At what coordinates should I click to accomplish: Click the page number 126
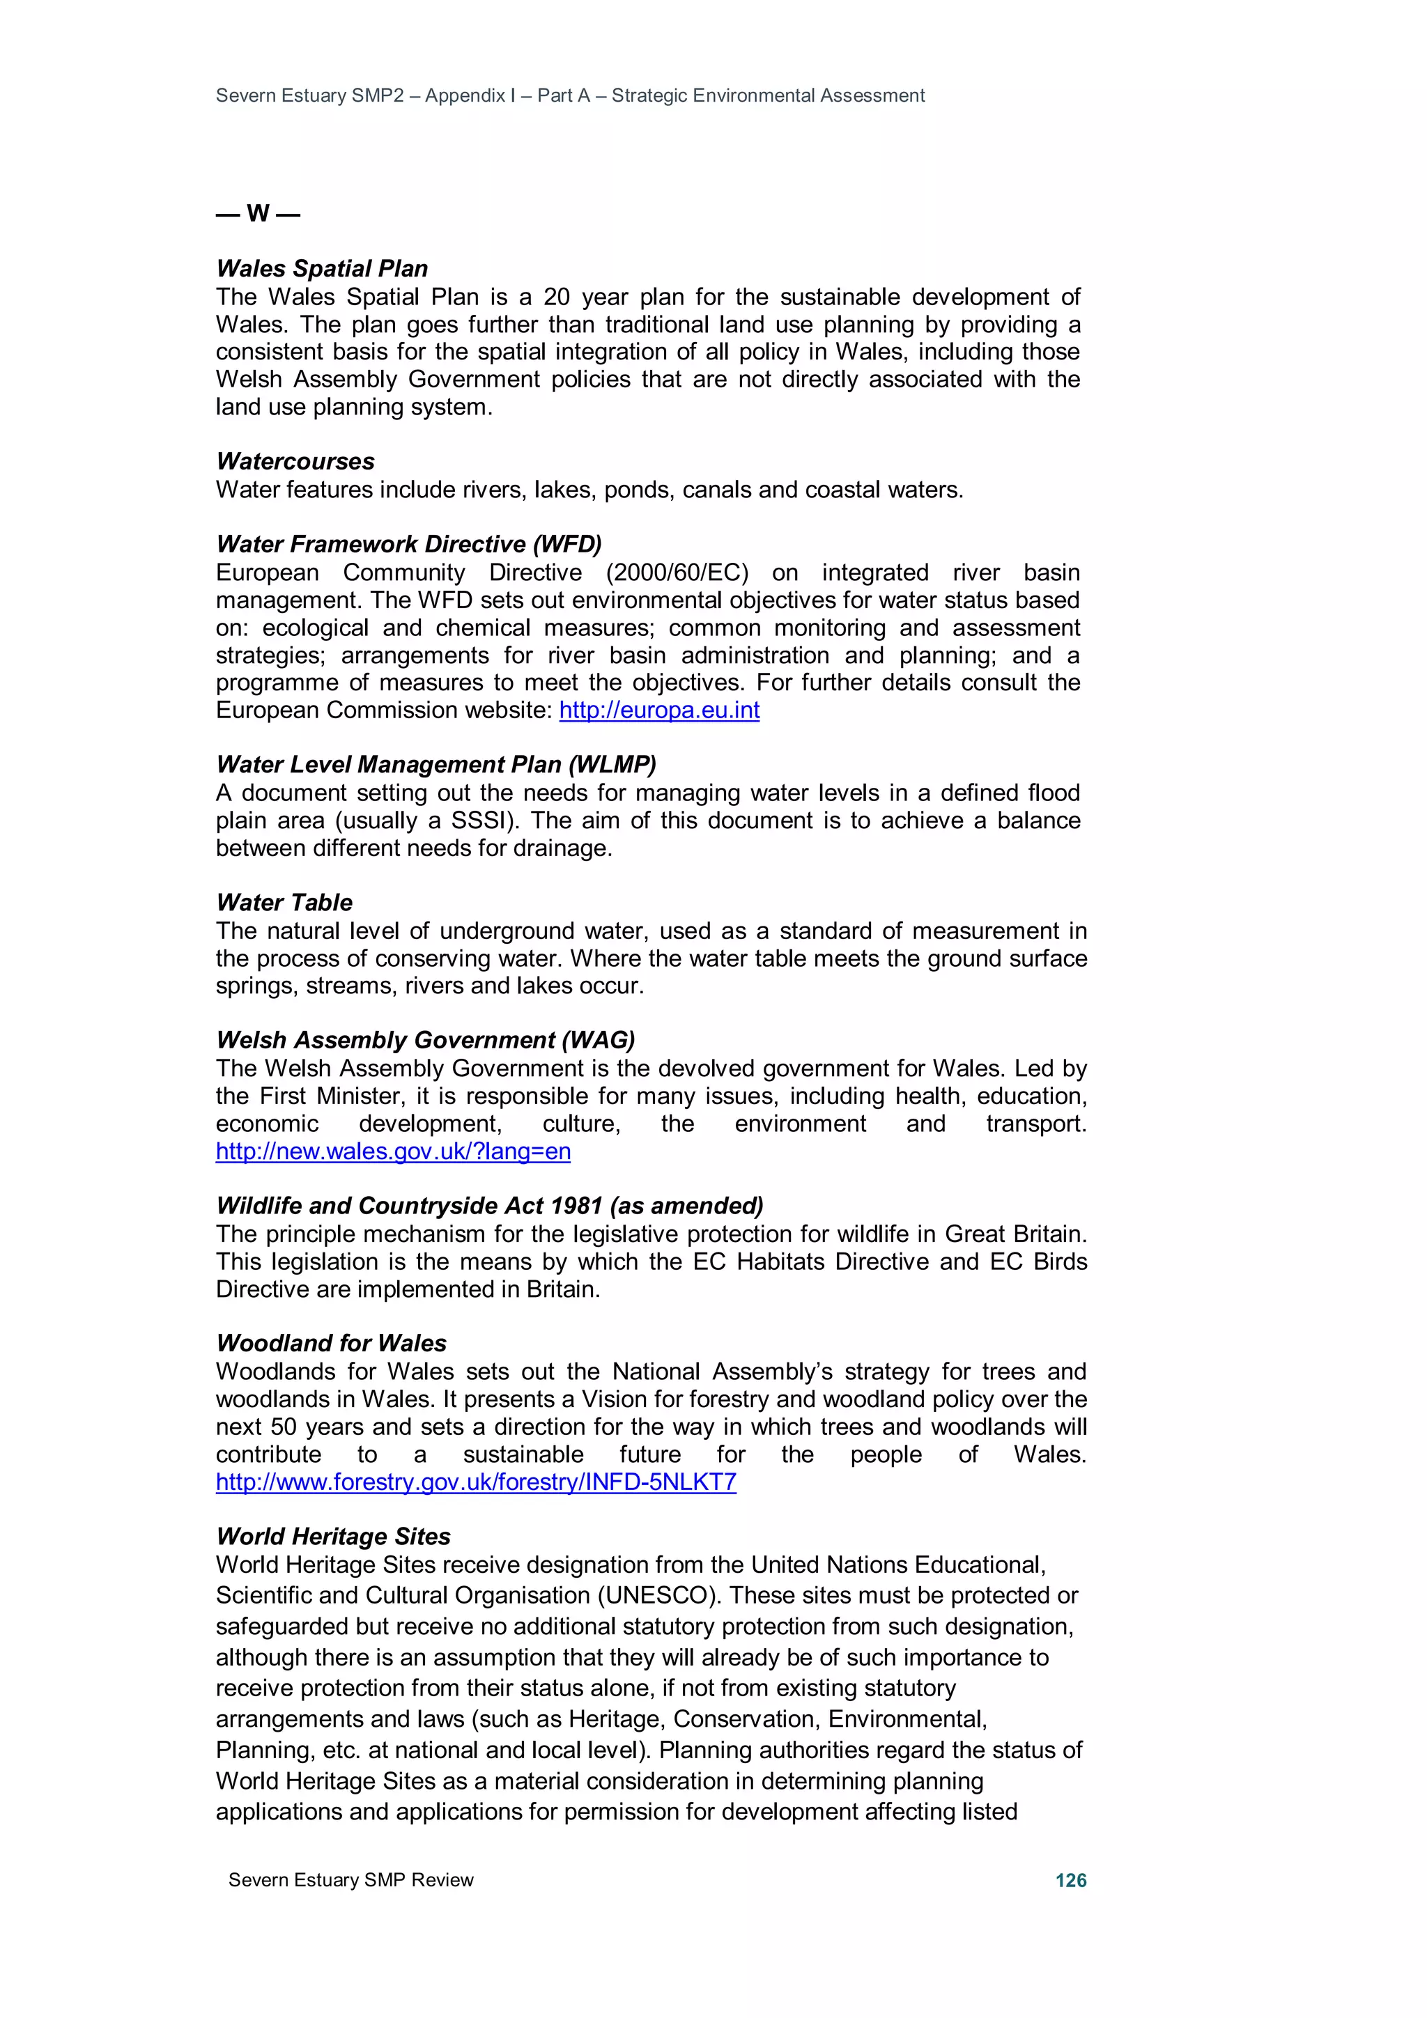(x=1070, y=1880)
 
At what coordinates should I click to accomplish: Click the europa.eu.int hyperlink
(x=658, y=711)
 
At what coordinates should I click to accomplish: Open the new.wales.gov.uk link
(x=393, y=1151)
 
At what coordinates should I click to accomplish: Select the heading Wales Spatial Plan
(x=322, y=268)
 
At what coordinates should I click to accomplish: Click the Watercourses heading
(x=295, y=461)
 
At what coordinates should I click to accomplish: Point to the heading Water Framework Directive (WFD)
(x=409, y=544)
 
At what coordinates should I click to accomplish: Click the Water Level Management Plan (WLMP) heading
(x=436, y=765)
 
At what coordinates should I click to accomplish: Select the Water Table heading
(x=284, y=903)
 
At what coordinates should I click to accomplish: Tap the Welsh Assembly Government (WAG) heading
(x=426, y=1040)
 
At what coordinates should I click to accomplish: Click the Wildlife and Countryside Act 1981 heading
(x=490, y=1206)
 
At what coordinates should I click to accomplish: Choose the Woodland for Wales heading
(x=332, y=1343)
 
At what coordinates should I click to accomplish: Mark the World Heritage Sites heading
(x=333, y=1537)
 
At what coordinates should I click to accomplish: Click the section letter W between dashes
(x=258, y=214)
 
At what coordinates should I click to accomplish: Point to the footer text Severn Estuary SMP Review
(x=350, y=1880)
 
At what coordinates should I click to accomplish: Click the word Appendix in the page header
(x=465, y=96)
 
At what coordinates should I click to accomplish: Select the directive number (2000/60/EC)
(x=677, y=573)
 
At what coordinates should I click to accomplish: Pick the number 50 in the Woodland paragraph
(x=283, y=1427)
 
